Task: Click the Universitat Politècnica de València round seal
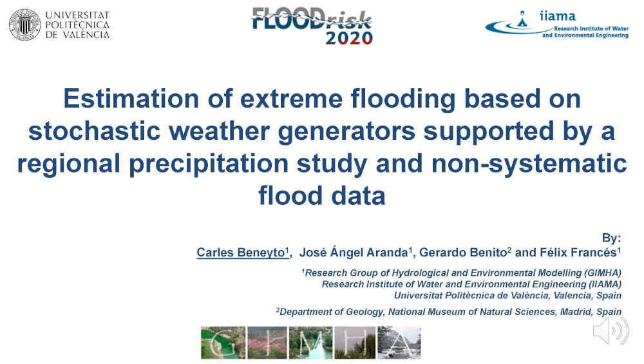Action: (25, 24)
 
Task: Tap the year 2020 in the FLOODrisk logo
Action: (349, 38)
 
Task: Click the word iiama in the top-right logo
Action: (557, 16)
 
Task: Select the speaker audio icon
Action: (611, 330)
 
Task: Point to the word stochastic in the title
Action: (95, 131)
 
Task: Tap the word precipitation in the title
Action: (209, 164)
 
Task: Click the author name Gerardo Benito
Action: (463, 253)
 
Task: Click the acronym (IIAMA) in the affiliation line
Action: (605, 284)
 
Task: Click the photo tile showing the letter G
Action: (223, 343)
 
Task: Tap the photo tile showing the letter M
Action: (310, 343)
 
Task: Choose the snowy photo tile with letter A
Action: (399, 343)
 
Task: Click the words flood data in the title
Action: (322, 196)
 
